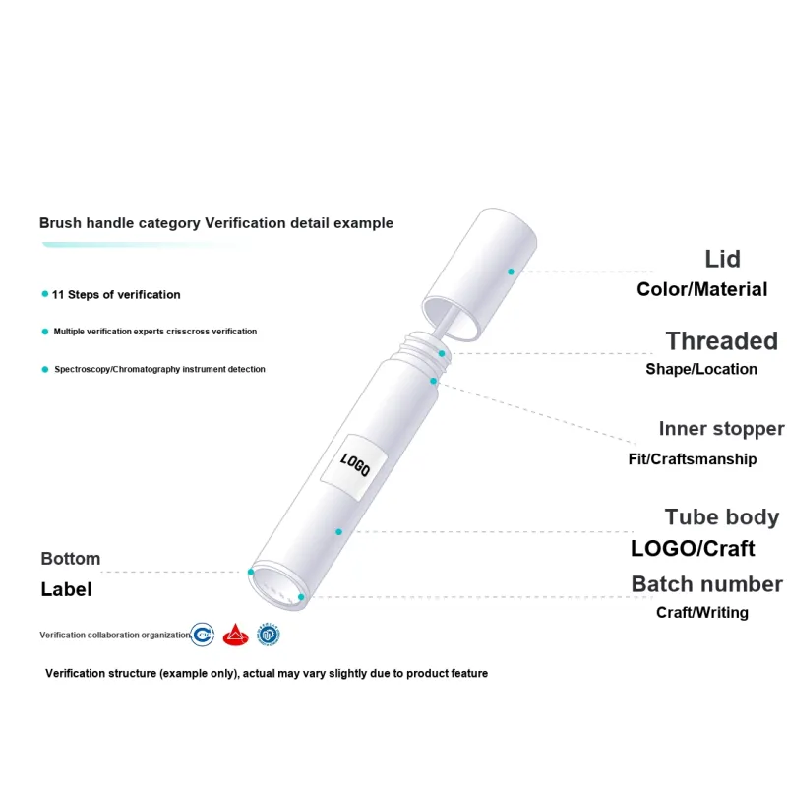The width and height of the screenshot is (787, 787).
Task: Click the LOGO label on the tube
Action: (354, 467)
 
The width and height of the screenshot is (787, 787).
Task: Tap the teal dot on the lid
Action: (511, 272)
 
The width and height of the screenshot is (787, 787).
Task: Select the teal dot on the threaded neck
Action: (442, 353)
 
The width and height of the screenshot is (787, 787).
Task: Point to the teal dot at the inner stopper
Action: (433, 381)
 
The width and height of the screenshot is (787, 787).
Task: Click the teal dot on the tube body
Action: (338, 531)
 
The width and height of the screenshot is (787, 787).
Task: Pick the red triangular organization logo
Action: (235, 635)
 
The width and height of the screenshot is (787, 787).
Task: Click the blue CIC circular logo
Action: (203, 635)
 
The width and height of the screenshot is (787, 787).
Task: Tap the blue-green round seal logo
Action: (269, 635)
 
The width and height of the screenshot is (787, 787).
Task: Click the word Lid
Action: (722, 259)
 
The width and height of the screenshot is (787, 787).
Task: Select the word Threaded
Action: (722, 341)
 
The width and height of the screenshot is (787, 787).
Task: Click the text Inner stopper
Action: (721, 429)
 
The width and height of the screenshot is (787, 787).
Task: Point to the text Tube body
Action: (722, 517)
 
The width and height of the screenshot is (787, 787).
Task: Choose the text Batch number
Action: (706, 584)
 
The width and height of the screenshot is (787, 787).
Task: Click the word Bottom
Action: (70, 559)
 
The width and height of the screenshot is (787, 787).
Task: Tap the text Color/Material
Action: (701, 289)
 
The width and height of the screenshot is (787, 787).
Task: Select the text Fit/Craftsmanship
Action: (693, 459)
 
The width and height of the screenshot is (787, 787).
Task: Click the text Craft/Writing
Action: (702, 612)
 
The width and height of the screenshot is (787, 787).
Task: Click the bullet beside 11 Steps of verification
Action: (45, 294)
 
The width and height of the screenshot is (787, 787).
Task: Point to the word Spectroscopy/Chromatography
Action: (117, 369)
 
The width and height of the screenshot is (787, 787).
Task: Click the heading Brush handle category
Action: (119, 223)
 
